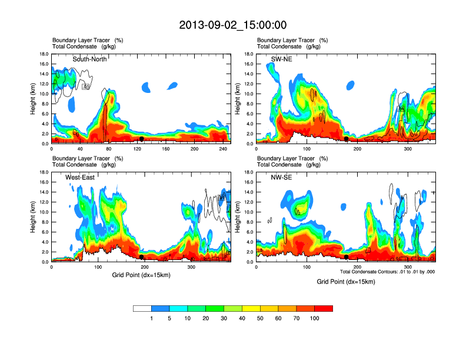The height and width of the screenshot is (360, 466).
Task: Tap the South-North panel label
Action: (x=93, y=59)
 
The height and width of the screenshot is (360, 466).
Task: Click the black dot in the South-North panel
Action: (x=142, y=139)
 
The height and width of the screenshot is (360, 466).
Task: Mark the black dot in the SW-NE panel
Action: (x=347, y=139)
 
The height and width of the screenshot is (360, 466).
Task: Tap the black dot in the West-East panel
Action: (x=142, y=257)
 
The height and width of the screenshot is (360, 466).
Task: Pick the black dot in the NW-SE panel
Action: (x=347, y=257)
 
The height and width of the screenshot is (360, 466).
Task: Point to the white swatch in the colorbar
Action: (x=142, y=308)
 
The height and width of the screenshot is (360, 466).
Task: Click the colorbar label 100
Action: (x=315, y=318)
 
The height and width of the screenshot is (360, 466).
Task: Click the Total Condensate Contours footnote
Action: (x=387, y=272)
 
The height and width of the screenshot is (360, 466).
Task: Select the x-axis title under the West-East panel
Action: (x=141, y=275)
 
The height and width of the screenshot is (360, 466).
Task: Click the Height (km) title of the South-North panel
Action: (x=34, y=99)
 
